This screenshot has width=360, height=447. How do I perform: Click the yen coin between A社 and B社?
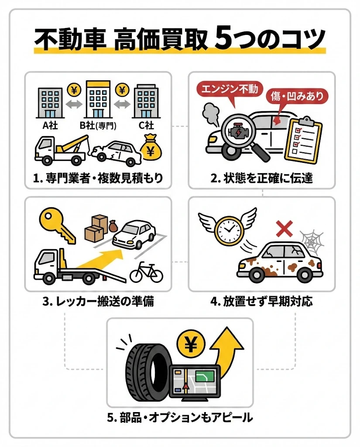75,91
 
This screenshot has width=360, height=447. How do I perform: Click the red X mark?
284,228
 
